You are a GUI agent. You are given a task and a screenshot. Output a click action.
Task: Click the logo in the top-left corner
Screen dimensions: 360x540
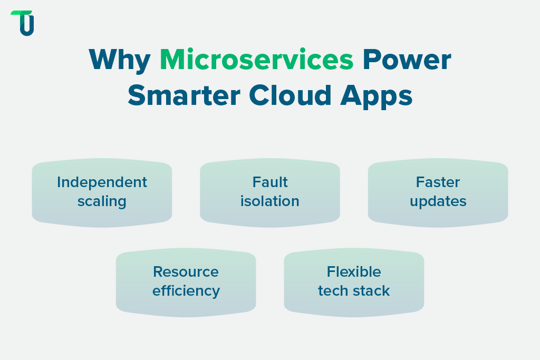(x=23, y=23)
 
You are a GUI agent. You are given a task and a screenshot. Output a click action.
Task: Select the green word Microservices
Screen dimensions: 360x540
(x=256, y=60)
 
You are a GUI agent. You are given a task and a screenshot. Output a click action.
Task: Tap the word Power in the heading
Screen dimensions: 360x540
(x=406, y=60)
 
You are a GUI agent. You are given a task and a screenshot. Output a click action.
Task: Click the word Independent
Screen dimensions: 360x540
(x=102, y=182)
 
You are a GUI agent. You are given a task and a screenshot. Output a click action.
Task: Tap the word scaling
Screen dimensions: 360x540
(x=102, y=202)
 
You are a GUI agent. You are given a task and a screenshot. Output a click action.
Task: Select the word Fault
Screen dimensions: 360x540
(x=270, y=182)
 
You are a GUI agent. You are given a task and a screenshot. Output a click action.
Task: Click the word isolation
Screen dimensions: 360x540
(x=270, y=201)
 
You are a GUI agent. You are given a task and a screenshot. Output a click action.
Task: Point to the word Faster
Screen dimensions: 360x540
(x=438, y=182)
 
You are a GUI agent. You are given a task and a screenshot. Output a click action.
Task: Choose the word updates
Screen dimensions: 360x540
(x=438, y=202)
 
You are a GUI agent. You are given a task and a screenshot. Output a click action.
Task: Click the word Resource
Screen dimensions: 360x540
(x=186, y=272)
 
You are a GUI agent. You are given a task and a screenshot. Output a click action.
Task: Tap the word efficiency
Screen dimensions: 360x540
(x=186, y=291)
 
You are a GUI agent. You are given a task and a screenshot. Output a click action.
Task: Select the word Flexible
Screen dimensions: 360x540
(x=354, y=272)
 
